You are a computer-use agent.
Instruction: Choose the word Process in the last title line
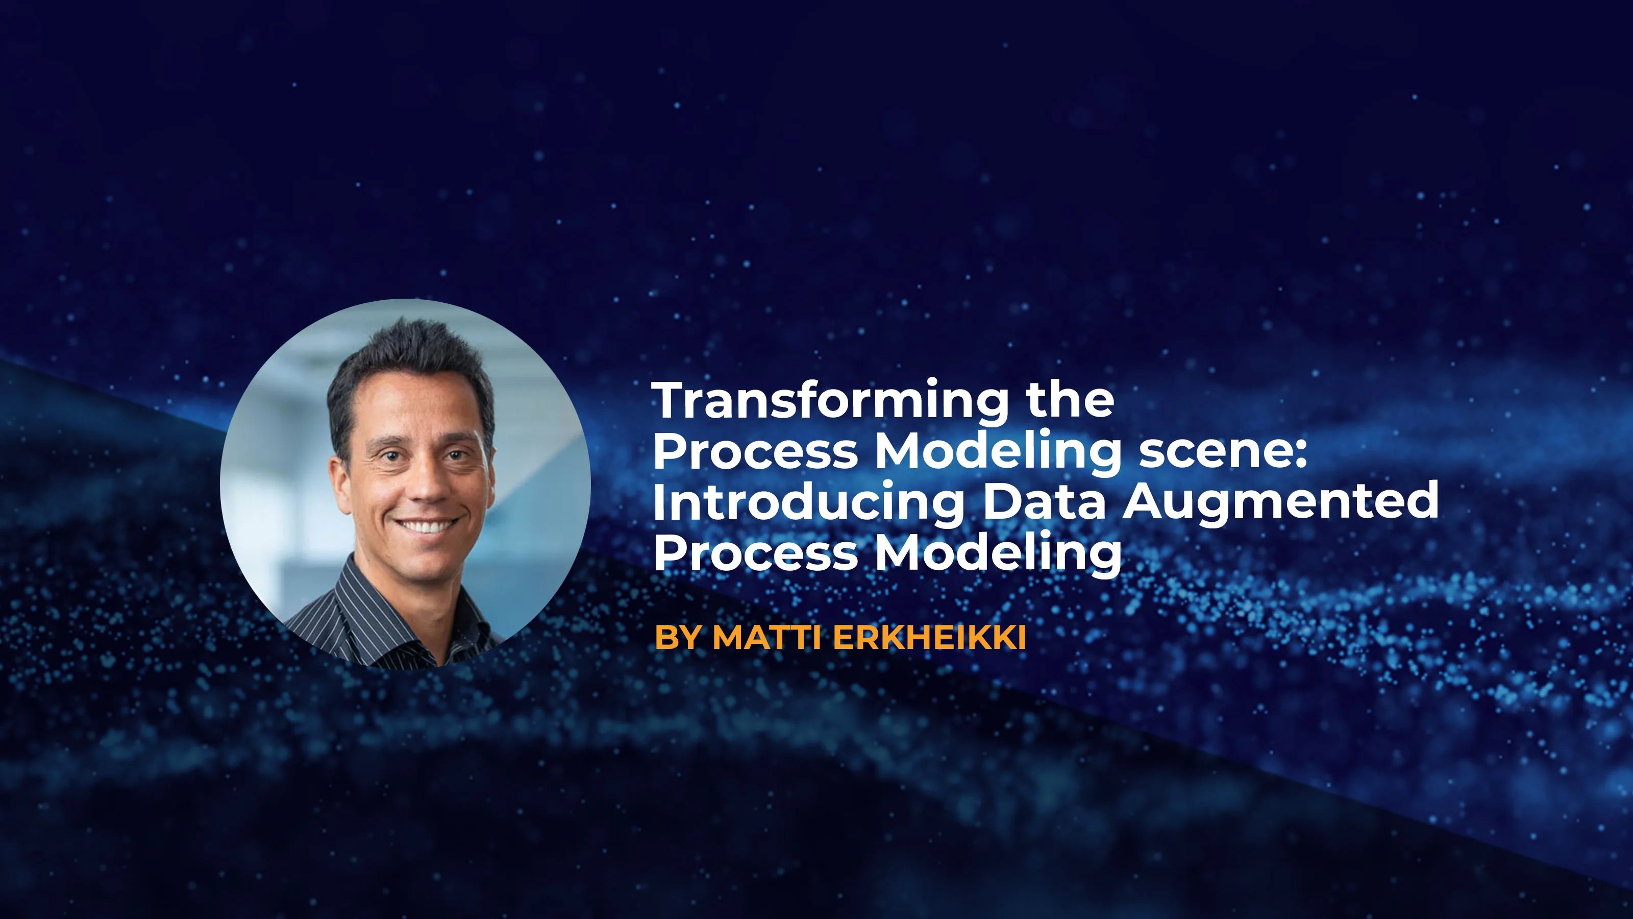755,552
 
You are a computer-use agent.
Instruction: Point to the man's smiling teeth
426,526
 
